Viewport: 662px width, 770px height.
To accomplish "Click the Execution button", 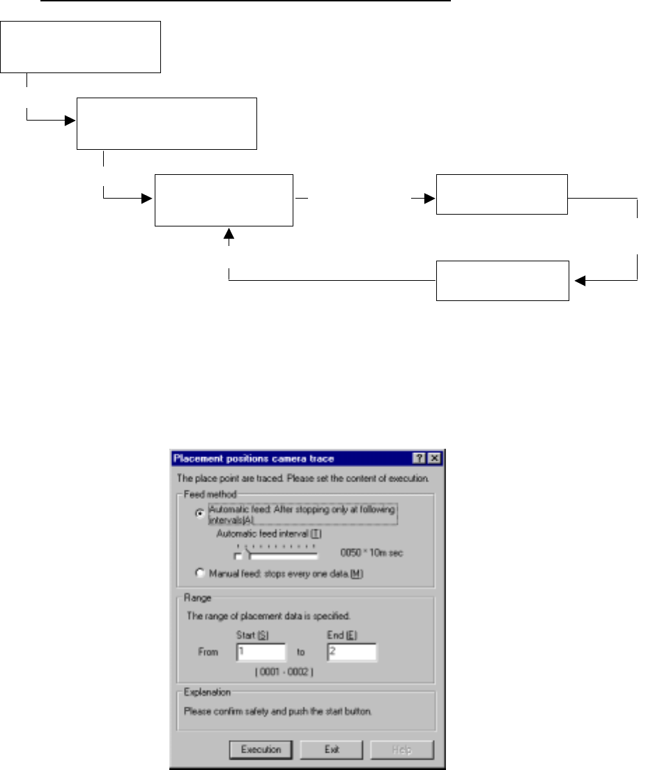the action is [261, 750].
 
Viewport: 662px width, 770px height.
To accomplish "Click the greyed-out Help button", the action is [401, 750].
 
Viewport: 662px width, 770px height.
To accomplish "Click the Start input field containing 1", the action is [261, 652].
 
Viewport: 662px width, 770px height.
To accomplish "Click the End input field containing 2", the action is [351, 652].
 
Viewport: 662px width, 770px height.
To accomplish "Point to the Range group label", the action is [194, 598].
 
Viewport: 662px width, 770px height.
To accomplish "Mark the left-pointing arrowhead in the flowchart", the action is [578, 281].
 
